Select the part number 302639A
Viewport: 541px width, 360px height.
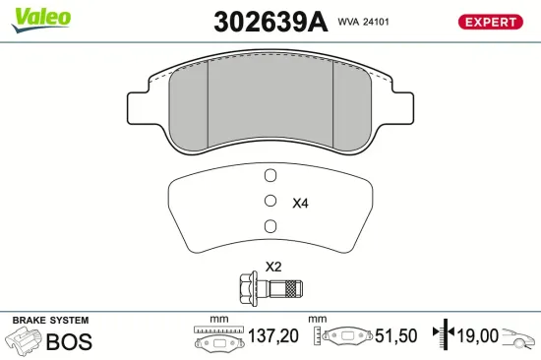click(270, 22)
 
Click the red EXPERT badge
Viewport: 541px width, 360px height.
click(490, 22)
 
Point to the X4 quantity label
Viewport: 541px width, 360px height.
click(301, 204)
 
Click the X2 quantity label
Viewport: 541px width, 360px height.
click(273, 267)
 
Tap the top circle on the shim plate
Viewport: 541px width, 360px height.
click(270, 177)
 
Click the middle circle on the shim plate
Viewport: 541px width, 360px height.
click(270, 202)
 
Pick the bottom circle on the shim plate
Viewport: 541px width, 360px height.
click(270, 227)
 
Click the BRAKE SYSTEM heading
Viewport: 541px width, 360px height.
click(49, 321)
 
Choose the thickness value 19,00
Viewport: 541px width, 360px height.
click(477, 336)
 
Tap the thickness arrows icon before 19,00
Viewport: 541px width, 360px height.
click(447, 335)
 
